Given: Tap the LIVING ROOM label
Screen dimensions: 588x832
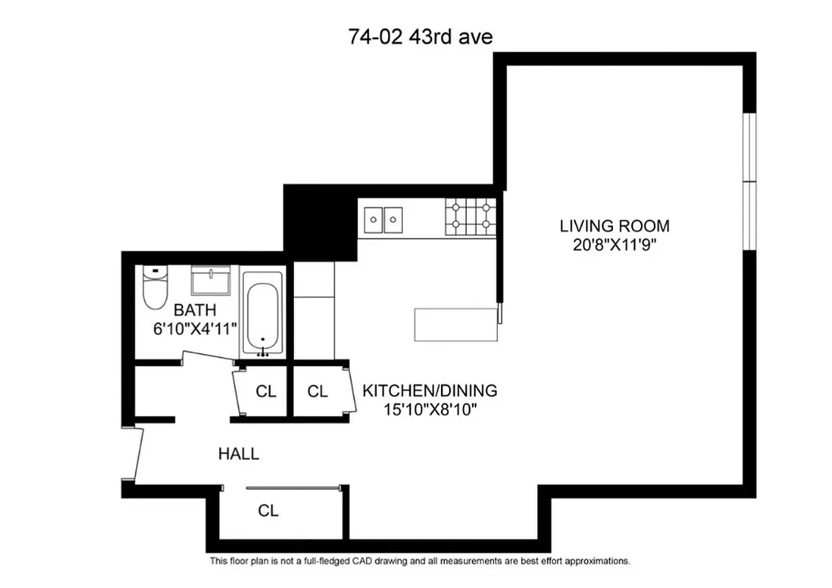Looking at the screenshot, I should click(x=614, y=226).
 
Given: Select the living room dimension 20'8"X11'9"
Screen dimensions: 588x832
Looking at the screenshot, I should click(x=614, y=244).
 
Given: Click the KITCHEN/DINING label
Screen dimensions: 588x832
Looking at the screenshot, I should click(x=430, y=390).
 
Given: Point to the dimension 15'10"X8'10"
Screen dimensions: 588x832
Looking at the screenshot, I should click(x=430, y=409).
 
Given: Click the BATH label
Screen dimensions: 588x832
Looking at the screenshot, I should click(x=195, y=310).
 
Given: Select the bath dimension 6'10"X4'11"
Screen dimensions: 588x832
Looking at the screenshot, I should click(x=195, y=329).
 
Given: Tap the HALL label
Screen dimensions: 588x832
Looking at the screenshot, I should click(x=239, y=454).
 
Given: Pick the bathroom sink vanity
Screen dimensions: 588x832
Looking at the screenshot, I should click(x=212, y=281).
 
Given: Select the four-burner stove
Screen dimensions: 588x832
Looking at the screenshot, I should click(x=470, y=218).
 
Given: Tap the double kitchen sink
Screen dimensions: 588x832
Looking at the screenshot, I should click(x=384, y=219).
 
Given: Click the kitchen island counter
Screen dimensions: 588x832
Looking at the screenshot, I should click(x=456, y=325).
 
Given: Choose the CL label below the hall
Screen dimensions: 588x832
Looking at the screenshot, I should click(x=268, y=510).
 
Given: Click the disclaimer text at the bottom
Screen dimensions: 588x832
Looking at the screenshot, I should click(x=420, y=561).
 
